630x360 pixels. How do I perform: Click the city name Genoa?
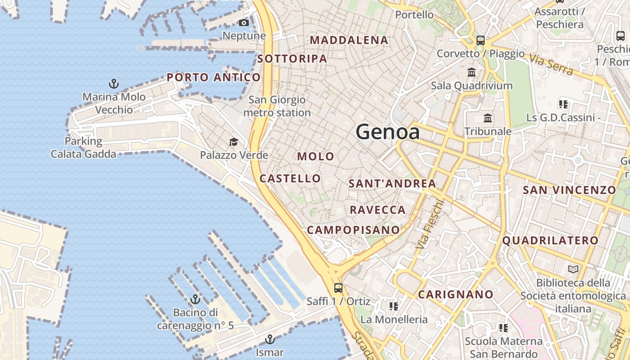(387, 132)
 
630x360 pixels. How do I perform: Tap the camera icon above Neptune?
(244, 22)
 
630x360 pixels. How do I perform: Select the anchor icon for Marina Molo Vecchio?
(114, 83)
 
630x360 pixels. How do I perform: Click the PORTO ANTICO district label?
(214, 77)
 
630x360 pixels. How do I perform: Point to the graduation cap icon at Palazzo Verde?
(234, 142)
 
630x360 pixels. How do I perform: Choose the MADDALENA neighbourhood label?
(349, 40)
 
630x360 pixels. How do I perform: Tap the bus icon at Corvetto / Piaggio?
(481, 40)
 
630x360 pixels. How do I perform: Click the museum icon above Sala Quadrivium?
(472, 72)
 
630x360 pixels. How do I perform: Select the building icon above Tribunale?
(488, 118)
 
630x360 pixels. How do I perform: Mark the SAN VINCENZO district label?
(569, 190)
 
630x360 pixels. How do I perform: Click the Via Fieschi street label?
(430, 224)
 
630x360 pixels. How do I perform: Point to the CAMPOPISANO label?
(353, 230)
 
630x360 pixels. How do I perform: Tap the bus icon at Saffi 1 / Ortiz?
(338, 288)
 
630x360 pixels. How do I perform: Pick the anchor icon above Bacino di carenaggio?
(195, 299)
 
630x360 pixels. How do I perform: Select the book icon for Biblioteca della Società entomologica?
(573, 270)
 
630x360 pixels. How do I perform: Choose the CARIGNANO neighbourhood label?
(456, 294)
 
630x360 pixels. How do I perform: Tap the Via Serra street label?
(551, 65)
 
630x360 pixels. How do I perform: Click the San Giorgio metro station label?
(277, 106)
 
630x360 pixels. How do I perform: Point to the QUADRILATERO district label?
(550, 240)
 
